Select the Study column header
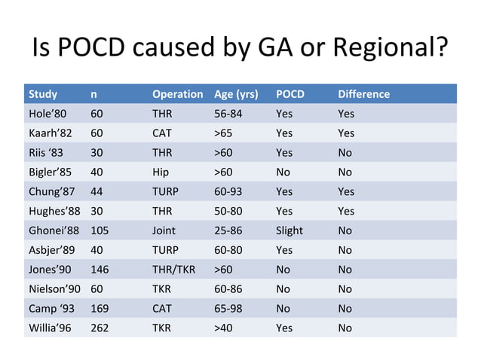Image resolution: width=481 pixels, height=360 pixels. (42, 94)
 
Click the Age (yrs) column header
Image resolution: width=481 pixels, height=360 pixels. (236, 94)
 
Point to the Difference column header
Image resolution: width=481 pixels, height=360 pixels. (363, 94)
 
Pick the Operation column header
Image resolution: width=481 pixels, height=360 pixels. (177, 94)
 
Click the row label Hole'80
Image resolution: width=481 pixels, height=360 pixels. (47, 114)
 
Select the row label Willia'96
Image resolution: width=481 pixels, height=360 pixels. (50, 328)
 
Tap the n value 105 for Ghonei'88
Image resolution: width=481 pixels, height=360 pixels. (100, 230)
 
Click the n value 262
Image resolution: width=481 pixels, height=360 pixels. (100, 328)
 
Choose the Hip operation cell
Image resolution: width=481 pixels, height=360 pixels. (161, 172)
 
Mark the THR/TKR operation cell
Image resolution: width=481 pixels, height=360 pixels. (174, 269)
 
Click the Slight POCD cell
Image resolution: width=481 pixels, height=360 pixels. (290, 230)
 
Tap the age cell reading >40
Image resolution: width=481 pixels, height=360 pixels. (223, 328)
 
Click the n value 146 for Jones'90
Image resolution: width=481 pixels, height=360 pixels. (100, 269)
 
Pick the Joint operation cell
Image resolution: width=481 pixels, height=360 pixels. (164, 230)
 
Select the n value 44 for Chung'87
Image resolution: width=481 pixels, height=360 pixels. (97, 191)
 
